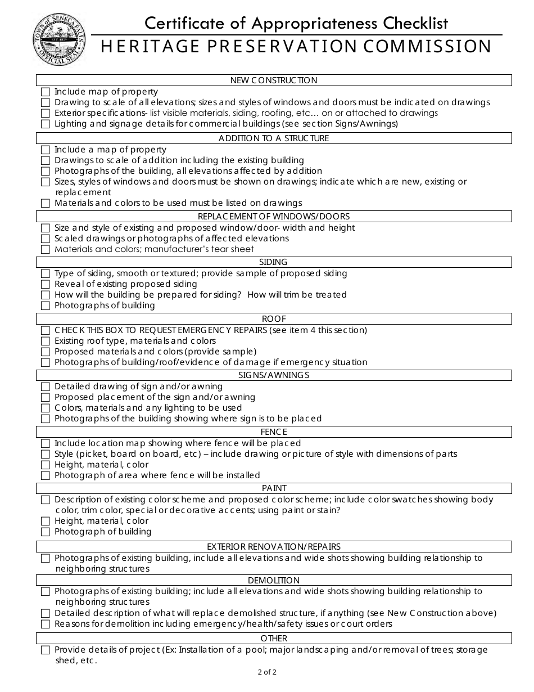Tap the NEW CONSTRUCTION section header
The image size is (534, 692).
(274, 80)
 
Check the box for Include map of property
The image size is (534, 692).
(46, 92)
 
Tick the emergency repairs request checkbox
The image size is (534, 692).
(46, 330)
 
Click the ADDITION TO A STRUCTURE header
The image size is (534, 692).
(274, 138)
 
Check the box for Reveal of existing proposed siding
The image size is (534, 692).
(46, 284)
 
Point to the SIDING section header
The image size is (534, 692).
(274, 262)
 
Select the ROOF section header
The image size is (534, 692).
(274, 319)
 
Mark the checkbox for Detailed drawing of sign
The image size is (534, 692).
(46, 387)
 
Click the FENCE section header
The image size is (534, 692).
(274, 432)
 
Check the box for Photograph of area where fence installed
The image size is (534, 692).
(46, 475)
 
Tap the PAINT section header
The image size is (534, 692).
(274, 488)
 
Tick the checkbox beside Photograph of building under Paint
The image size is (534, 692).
(46, 532)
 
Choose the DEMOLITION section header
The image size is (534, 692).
(274, 580)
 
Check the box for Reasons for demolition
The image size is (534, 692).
(46, 624)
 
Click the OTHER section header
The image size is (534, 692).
(274, 639)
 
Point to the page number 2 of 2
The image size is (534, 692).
(267, 672)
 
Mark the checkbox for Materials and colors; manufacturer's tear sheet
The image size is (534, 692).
(46, 249)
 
